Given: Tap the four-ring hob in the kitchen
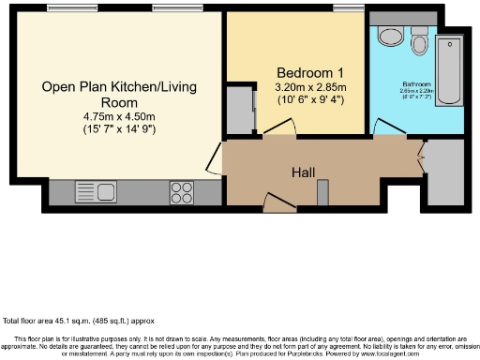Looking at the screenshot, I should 181,192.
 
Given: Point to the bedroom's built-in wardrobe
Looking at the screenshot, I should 242,110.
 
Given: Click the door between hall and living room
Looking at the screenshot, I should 215,158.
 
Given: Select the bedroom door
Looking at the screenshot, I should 277,136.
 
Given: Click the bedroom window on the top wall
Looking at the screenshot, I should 348,9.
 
